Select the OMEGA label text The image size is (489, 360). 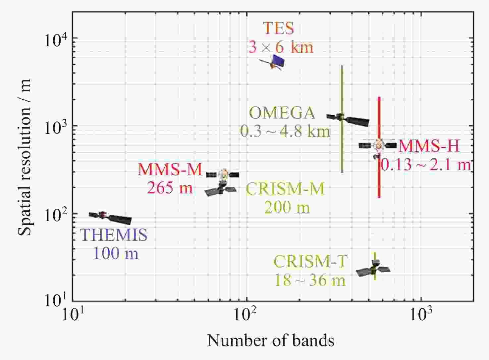[282, 113]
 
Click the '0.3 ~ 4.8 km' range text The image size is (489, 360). [285, 131]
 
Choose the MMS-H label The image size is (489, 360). [429, 146]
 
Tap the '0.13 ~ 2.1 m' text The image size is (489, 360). [426, 165]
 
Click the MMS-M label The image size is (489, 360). [170, 170]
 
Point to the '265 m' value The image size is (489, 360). [170, 188]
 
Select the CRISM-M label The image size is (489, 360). [285, 189]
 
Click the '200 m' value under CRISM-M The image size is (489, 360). [287, 208]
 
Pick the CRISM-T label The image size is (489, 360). [310, 262]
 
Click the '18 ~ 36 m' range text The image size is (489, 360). [310, 280]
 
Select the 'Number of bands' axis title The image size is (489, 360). [271, 340]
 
